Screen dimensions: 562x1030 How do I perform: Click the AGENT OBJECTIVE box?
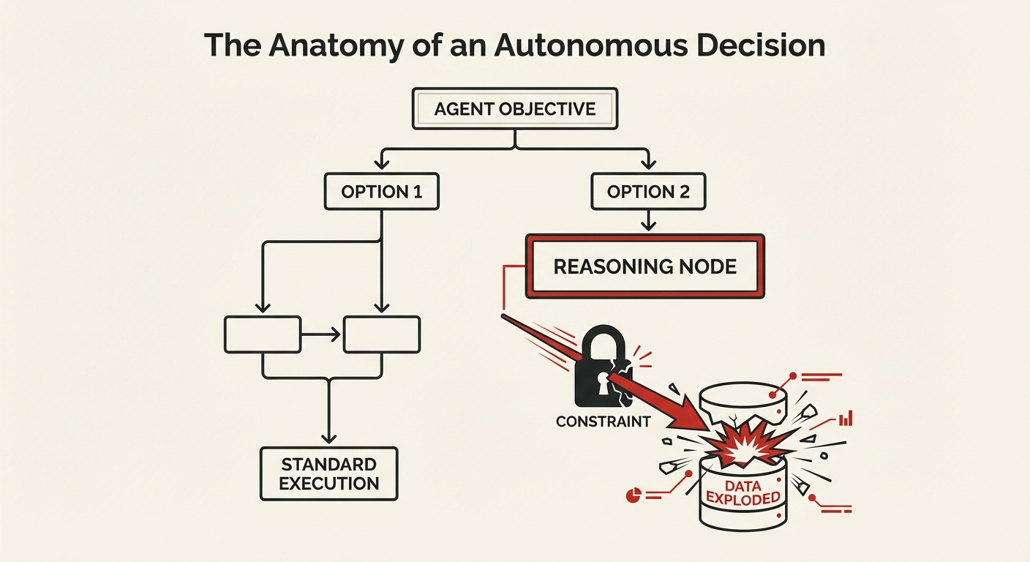(x=515, y=109)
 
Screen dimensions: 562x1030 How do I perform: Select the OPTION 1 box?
(x=381, y=192)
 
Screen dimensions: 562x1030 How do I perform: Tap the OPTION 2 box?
(x=648, y=192)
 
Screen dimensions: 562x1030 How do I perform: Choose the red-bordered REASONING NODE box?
(x=644, y=266)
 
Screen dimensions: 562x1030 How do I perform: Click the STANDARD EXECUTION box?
(x=328, y=473)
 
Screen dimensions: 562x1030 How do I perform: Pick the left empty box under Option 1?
(x=262, y=335)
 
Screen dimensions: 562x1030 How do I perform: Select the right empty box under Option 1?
(x=381, y=335)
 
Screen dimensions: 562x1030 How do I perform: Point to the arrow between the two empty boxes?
(x=321, y=335)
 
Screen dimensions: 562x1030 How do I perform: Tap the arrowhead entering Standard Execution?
(x=328, y=437)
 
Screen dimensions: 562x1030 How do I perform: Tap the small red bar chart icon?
(x=846, y=419)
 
